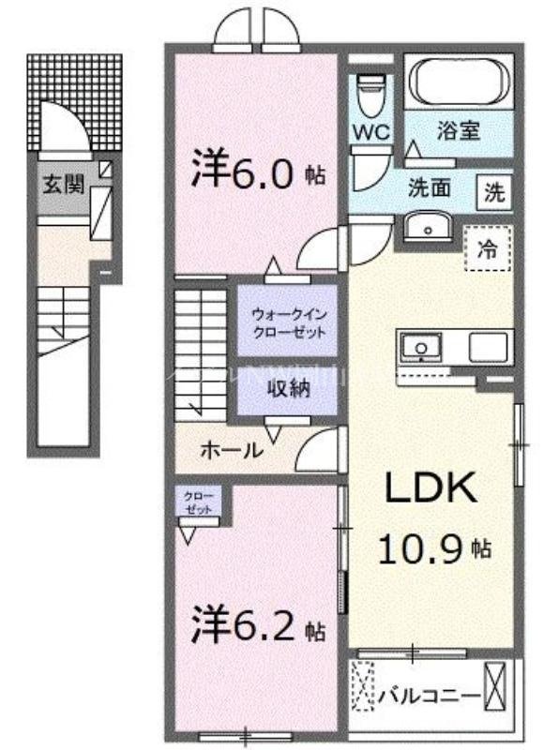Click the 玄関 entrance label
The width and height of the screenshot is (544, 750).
tap(63, 185)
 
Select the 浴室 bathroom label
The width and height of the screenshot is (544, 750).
tap(460, 130)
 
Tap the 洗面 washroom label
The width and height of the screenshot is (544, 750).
tap(429, 187)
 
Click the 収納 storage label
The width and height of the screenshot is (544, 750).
tap(286, 389)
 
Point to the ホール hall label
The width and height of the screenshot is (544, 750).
tap(231, 450)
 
